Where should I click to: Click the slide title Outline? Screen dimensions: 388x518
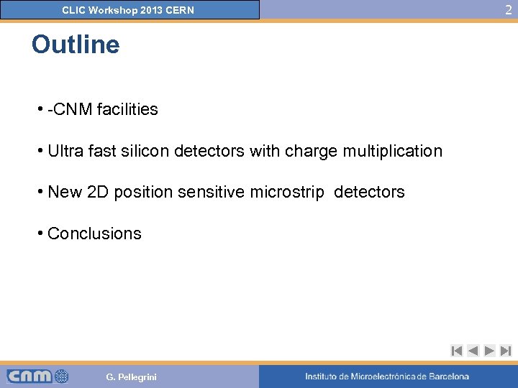[76, 45]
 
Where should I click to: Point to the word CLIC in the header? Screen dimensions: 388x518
[73, 10]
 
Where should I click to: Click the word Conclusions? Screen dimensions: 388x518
[94, 234]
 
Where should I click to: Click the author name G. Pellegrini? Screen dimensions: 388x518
[131, 377]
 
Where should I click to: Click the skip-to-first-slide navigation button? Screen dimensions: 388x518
[456, 351]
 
